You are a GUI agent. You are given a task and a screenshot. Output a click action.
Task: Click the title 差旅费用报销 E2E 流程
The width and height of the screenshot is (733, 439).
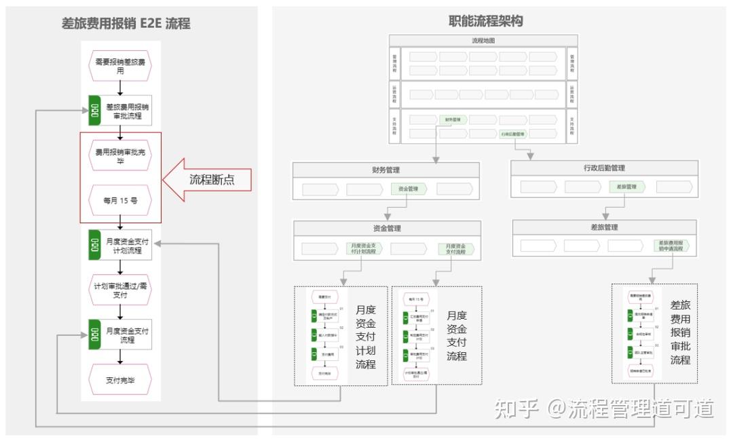(126, 24)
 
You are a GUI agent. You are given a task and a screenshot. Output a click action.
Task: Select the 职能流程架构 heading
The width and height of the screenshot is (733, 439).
(486, 21)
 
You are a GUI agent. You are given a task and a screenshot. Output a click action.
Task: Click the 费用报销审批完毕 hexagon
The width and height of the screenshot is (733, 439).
(120, 156)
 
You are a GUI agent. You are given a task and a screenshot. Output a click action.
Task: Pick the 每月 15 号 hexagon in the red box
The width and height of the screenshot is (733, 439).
(120, 200)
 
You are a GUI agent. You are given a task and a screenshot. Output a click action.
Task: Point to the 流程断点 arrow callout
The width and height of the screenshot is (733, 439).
(207, 180)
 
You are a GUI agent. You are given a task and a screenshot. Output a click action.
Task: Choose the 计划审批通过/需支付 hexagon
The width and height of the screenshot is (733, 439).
(120, 291)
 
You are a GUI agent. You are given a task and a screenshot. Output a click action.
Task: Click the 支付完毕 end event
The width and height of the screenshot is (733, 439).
(120, 380)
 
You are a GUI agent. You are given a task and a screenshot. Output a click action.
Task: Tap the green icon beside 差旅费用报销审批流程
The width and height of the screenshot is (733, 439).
(95, 111)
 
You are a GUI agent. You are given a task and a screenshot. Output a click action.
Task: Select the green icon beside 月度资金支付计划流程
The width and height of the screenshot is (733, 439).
(95, 246)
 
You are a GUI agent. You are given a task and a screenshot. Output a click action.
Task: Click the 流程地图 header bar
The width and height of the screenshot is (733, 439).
(483, 41)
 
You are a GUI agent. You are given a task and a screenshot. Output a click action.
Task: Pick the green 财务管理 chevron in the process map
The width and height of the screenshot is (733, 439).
(453, 120)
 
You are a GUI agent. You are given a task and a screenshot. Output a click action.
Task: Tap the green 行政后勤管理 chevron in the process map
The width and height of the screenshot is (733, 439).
(512, 134)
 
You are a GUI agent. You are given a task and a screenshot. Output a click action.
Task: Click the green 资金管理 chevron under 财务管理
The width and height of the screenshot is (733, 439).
(409, 189)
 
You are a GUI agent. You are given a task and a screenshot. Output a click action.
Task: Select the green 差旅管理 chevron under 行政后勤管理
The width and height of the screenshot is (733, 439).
(626, 187)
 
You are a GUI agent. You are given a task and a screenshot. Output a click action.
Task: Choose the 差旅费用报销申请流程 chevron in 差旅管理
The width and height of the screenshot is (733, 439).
(671, 246)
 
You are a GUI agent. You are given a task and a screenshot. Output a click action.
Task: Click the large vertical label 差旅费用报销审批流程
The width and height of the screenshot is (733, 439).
(680, 333)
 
